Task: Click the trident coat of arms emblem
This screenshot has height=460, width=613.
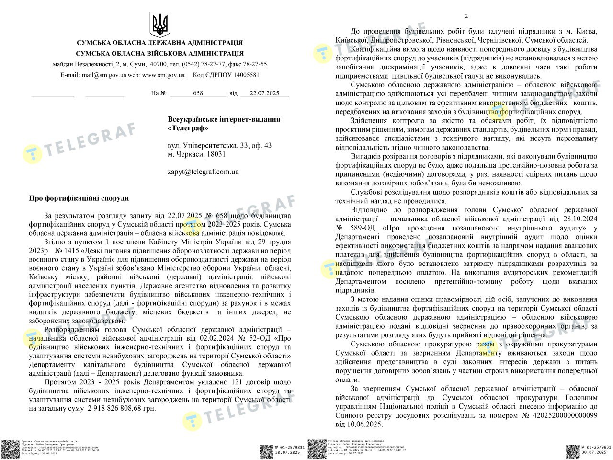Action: [x=160, y=24]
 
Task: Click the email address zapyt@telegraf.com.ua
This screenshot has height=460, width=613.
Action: [x=203, y=172]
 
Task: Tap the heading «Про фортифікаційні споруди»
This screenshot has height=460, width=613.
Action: [x=79, y=198]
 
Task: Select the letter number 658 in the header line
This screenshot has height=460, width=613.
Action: [x=198, y=93]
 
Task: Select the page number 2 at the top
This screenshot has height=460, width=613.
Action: [x=466, y=16]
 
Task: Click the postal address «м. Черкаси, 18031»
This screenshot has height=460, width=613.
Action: [x=196, y=154]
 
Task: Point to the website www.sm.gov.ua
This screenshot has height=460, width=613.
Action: [x=163, y=75]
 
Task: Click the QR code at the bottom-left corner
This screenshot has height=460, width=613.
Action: [x=9, y=449]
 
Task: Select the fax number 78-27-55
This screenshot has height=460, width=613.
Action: [x=255, y=64]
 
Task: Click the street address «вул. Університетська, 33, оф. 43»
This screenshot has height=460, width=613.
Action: [x=219, y=145]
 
